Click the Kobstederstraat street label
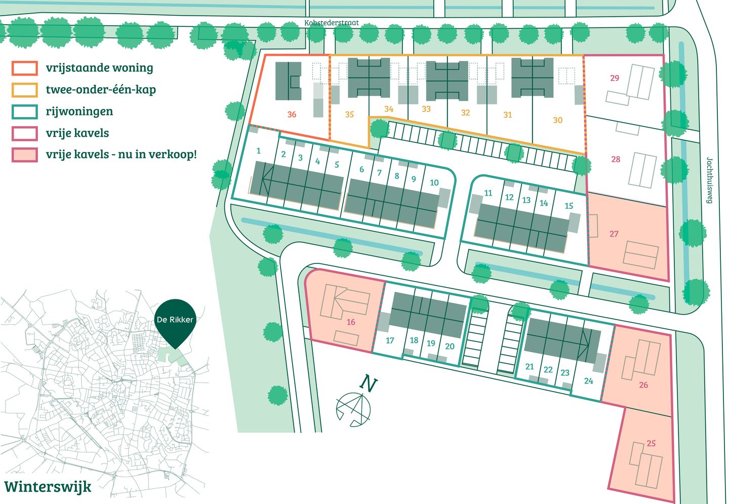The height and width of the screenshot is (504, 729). [x=331, y=23]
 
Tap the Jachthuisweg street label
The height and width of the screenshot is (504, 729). [x=710, y=180]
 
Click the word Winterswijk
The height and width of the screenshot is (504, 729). [x=48, y=487]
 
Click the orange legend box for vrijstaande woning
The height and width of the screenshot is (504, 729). [x=25, y=68]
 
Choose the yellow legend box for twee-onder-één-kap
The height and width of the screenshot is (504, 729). [x=25, y=90]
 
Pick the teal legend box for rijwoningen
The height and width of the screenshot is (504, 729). [x=25, y=111]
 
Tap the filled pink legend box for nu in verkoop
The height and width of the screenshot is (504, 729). [x=25, y=154]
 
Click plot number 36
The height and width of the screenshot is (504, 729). [x=292, y=114]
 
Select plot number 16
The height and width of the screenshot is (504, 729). [x=351, y=322]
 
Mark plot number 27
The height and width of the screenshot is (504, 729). [x=614, y=234]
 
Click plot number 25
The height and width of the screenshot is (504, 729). [x=651, y=443]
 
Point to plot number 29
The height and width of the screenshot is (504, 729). [x=615, y=78]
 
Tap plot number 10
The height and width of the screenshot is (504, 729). [x=434, y=183]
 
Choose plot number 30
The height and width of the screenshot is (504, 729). [x=558, y=120]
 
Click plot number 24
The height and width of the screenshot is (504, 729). [x=588, y=380]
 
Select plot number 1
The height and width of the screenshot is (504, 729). [x=258, y=151]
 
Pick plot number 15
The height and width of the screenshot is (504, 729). [x=569, y=206]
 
